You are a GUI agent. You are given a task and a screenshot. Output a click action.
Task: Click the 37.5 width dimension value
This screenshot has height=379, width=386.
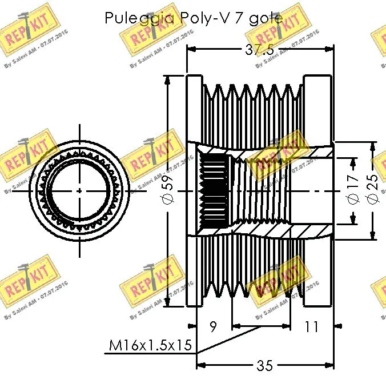coord(259,50)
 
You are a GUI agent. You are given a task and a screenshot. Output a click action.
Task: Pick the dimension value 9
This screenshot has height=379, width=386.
coord(214,327)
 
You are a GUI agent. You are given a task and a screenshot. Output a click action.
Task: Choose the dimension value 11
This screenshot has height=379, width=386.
coord(311,327)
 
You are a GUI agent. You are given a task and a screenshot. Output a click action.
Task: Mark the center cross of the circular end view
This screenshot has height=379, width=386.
coord(79,190)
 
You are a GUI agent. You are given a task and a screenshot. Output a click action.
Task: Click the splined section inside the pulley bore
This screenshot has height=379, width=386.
coord(214,189)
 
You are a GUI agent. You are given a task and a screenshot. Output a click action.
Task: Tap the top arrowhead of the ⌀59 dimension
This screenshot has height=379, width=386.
coord(168,81)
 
